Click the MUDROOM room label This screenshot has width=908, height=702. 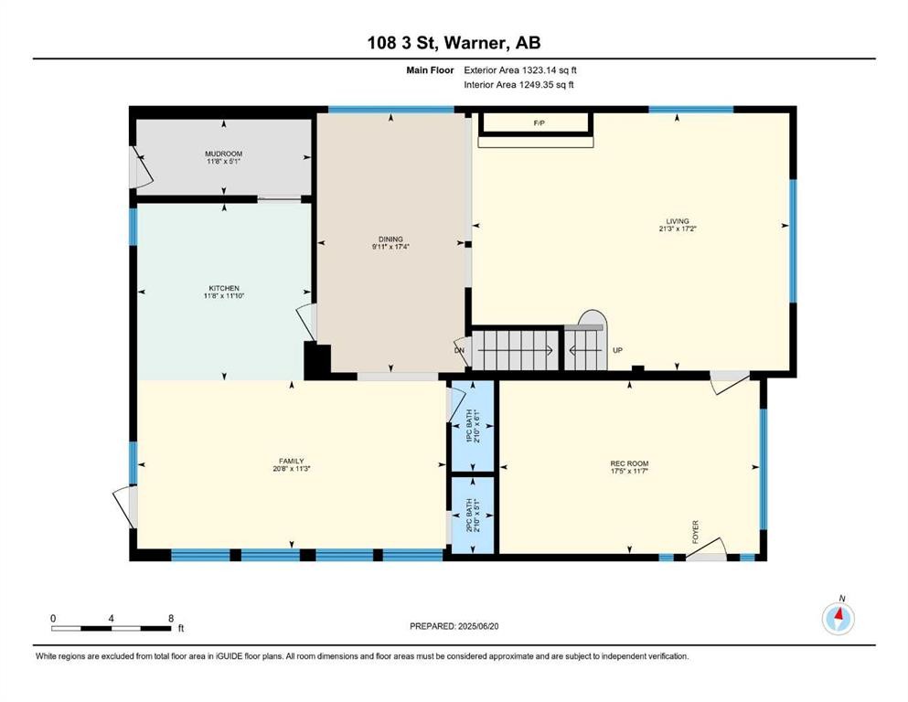click(x=224, y=154)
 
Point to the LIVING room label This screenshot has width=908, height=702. click(x=677, y=221)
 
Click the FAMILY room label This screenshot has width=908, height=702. click(x=291, y=461)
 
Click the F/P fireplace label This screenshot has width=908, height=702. click(x=539, y=122)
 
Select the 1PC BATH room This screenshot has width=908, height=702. click(x=472, y=426)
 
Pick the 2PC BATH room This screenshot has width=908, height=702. click(x=472, y=515)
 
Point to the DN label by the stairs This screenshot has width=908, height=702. click(x=459, y=350)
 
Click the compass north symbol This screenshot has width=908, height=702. click(x=838, y=617)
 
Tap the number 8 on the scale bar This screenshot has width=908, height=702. click(x=171, y=618)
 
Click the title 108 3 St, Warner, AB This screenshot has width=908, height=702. click(x=454, y=43)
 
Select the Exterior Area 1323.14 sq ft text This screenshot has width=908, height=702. click(x=520, y=69)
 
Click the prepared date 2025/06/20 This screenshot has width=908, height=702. click(x=454, y=626)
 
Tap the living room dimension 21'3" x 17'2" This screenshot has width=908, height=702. click(x=677, y=230)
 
